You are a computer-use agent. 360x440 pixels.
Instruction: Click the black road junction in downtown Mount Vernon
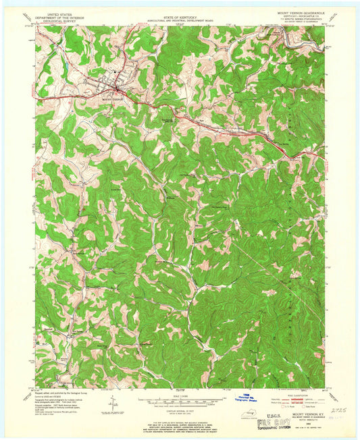pyautogui.click(x=118, y=88)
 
